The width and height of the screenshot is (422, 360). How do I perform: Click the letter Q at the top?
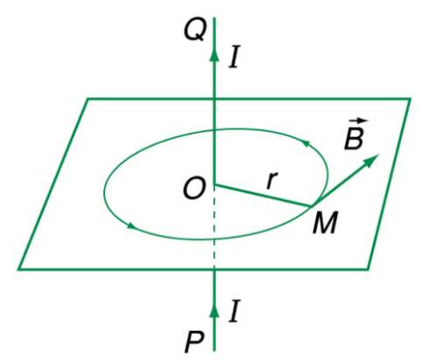point(194,31)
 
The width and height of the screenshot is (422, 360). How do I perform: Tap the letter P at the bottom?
point(195,343)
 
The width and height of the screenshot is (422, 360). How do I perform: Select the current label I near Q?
point(234,57)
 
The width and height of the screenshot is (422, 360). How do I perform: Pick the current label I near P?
point(234,311)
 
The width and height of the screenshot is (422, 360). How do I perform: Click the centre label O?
point(193,189)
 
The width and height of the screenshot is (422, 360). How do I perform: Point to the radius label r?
point(272,181)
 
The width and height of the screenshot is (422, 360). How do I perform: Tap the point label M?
point(325,223)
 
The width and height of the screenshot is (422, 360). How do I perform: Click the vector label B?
point(355,135)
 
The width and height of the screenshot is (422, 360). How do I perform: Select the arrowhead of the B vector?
point(372,160)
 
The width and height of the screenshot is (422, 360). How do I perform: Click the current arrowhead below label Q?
point(215,55)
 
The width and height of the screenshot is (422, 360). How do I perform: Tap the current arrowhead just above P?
point(215,310)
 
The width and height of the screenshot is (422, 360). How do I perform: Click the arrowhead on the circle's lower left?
point(132,225)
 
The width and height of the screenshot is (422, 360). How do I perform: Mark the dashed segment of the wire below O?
point(215,226)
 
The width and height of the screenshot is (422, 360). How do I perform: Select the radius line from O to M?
point(263,196)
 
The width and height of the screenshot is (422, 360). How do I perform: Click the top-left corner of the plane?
point(88,100)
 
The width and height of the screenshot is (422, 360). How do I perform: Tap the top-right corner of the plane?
point(410,100)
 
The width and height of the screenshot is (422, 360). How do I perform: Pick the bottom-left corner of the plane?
point(18,269)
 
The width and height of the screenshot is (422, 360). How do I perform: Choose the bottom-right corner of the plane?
point(368,269)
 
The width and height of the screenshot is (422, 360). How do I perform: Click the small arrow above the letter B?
point(359,120)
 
